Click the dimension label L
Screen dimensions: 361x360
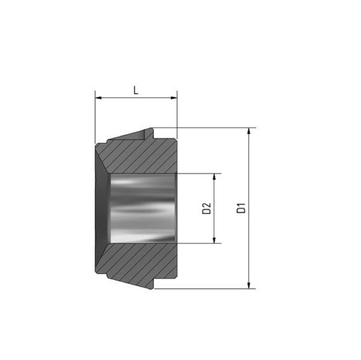[x=136, y=90]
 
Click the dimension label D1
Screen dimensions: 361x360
[x=241, y=208]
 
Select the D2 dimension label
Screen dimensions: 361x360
[x=206, y=209]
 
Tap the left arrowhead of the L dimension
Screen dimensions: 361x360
[x=98, y=98]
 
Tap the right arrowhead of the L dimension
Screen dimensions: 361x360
[x=174, y=98]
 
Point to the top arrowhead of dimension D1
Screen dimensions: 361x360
[x=248, y=130]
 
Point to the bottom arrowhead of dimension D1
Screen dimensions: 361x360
[x=248, y=285]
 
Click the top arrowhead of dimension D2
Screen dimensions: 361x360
[x=214, y=177]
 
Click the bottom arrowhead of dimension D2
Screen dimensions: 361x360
[x=214, y=240]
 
